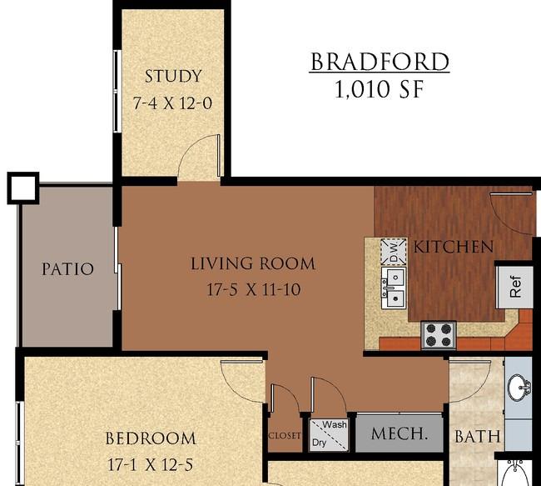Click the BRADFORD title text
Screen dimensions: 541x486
[380, 62]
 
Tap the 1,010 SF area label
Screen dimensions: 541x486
[380, 89]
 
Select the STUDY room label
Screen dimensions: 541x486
[173, 76]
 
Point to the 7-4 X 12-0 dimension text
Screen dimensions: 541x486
[172, 103]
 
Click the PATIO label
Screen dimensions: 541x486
[67, 269]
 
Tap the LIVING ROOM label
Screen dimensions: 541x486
[253, 263]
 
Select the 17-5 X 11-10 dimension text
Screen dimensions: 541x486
[254, 289]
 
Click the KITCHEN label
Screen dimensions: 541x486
[453, 247]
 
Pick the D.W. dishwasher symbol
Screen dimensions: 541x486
[394, 252]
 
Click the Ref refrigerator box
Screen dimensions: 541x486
[514, 287]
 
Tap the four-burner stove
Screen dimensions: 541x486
[439, 335]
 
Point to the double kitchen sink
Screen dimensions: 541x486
[394, 288]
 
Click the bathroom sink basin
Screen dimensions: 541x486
[519, 388]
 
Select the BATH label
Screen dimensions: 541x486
[478, 436]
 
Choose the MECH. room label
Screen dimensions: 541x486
[400, 433]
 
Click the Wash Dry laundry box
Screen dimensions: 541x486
[329, 434]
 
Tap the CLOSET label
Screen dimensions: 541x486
[285, 436]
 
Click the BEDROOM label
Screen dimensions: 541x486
[151, 438]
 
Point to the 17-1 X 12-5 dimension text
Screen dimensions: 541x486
[151, 464]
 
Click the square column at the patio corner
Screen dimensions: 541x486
[23, 188]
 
